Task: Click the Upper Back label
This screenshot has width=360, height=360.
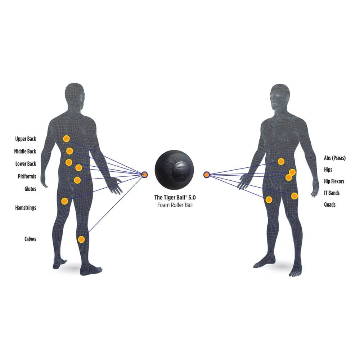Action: (26, 139)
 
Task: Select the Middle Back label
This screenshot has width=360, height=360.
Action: (25, 152)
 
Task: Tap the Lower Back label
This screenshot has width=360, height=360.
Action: (26, 164)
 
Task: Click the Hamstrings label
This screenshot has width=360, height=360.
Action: (26, 208)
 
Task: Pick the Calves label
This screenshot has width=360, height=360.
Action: (30, 239)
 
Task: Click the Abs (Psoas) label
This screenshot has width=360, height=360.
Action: (335, 158)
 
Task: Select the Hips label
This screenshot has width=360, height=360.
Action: (328, 170)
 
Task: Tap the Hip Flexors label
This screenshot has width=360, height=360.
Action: (334, 181)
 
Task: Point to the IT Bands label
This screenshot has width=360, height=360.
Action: (332, 193)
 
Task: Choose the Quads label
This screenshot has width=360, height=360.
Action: (329, 204)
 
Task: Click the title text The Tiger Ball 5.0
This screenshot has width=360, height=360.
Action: (175, 197)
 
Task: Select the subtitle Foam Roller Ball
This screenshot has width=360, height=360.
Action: (175, 205)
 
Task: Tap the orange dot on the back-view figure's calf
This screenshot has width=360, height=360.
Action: (82, 239)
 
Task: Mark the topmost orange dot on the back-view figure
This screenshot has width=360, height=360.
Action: (66, 139)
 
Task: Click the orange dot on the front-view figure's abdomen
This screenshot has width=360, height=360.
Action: (281, 161)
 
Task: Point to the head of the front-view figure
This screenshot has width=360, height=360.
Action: (280, 96)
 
